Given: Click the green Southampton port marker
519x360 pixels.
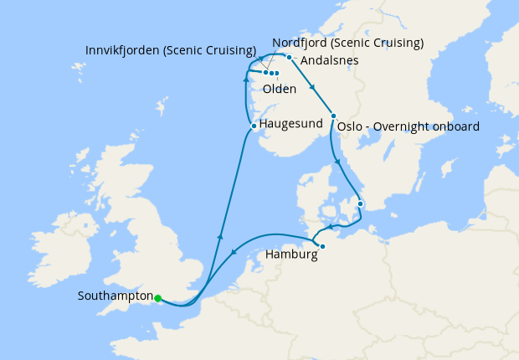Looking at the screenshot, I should [x=157, y=297].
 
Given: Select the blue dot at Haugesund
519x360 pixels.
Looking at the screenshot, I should [x=254, y=126].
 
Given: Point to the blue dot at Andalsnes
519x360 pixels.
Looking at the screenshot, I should [x=288, y=58].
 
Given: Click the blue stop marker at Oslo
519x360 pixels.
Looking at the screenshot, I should [x=333, y=116].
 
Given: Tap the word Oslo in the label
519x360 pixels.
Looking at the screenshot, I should [x=350, y=127].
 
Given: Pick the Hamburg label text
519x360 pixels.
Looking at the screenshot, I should [x=291, y=254].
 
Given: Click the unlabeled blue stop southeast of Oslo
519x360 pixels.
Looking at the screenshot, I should [x=361, y=203].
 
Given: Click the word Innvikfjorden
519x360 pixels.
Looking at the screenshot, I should [x=124, y=50].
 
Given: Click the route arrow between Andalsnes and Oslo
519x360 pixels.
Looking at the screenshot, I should [x=312, y=87].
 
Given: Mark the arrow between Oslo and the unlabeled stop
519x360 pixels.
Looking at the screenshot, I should [x=338, y=162].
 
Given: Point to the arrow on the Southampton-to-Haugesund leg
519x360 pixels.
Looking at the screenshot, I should [x=220, y=237].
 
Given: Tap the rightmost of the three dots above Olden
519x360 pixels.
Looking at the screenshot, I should [x=276, y=75].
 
